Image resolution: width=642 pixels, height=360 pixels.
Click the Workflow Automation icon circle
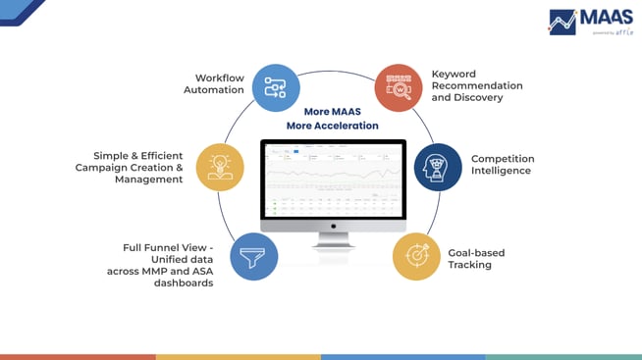click(277, 86)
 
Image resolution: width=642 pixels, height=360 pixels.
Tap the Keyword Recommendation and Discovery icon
click(398, 87)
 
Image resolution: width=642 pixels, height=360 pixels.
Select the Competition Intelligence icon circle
click(437, 167)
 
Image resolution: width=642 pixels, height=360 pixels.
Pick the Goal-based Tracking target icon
click(416, 256)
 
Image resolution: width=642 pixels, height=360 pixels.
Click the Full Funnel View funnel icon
click(253, 258)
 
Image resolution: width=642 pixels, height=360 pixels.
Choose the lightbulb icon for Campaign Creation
click(220, 167)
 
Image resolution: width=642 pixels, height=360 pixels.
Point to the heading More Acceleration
click(333, 127)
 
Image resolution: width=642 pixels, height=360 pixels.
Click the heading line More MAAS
click(333, 112)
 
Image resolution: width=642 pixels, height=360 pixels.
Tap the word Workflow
click(219, 77)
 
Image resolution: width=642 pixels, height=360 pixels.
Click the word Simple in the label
click(112, 155)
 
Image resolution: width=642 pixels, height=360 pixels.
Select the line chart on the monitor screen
click(332, 176)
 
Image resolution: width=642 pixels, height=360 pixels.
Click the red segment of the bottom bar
click(78, 356)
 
